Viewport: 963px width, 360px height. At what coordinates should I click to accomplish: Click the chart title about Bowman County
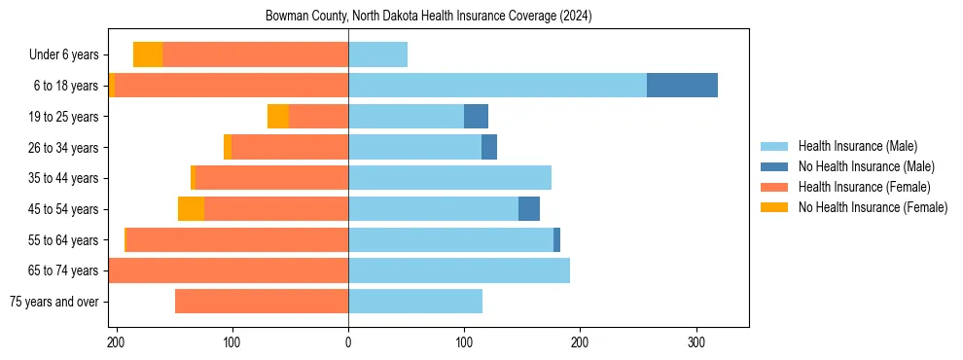pyautogui.click(x=428, y=17)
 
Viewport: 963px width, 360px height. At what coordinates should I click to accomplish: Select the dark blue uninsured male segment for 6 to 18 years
pyautogui.click(x=682, y=86)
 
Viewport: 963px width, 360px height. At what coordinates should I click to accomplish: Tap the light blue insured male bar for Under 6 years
pyautogui.click(x=377, y=54)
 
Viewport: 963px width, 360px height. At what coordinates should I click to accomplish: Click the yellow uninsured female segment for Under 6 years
pyautogui.click(x=148, y=54)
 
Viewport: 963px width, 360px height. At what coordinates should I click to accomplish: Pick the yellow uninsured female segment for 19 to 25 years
pyautogui.click(x=278, y=117)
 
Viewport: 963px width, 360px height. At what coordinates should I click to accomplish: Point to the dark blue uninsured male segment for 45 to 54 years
pyautogui.click(x=529, y=209)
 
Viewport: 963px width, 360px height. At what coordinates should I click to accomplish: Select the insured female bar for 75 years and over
pyautogui.click(x=262, y=302)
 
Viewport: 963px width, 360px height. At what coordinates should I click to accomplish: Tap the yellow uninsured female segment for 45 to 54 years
pyautogui.click(x=191, y=209)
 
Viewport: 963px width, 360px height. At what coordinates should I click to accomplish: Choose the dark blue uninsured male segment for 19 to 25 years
pyautogui.click(x=476, y=117)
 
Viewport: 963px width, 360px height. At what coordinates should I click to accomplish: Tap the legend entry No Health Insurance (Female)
pyautogui.click(x=872, y=207)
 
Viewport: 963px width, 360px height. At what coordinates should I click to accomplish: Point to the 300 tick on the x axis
pyautogui.click(x=695, y=342)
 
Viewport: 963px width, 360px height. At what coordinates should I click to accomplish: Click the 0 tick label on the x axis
pyautogui.click(x=348, y=342)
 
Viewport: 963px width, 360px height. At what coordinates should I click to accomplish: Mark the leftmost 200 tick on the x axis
pyautogui.click(x=117, y=342)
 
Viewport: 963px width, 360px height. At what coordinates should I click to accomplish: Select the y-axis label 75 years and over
pyautogui.click(x=53, y=302)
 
